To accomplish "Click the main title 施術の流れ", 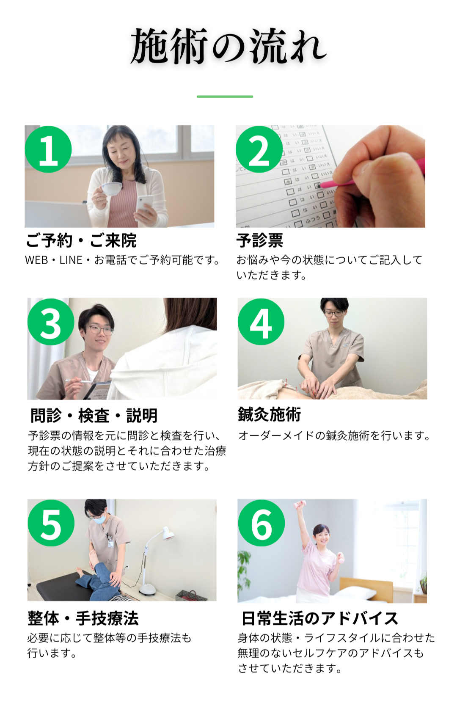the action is click(x=228, y=46).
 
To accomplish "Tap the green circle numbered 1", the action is click(x=48, y=149).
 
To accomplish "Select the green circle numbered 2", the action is click(x=259, y=149).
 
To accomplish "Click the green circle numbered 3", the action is click(x=51, y=322).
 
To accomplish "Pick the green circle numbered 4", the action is click(x=261, y=322).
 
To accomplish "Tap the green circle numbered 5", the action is click(x=51, y=523).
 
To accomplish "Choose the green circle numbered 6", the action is click(x=262, y=523).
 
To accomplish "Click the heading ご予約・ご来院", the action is click(x=81, y=241).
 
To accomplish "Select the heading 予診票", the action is click(x=260, y=241).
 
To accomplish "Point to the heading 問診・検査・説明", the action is click(x=94, y=416).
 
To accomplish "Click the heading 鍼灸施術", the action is click(x=269, y=414).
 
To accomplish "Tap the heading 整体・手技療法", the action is click(x=83, y=618).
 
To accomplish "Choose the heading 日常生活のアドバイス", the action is click(x=320, y=618).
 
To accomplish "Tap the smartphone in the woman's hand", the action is click(x=144, y=204).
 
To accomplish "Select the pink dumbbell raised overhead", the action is click(x=299, y=505).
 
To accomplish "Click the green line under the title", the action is click(x=225, y=96).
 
